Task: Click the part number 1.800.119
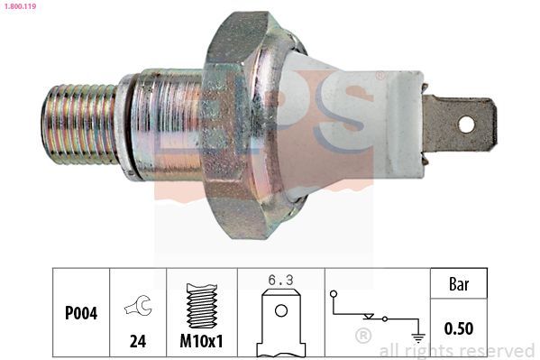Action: [x=21, y=5]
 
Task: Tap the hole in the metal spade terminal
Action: [x=466, y=125]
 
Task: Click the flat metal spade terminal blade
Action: [x=460, y=125]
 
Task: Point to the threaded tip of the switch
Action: [x=80, y=125]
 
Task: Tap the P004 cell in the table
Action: [x=81, y=312]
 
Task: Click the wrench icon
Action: [x=138, y=305]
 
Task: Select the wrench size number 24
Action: [x=138, y=341]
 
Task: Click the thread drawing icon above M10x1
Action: [x=202, y=305]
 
